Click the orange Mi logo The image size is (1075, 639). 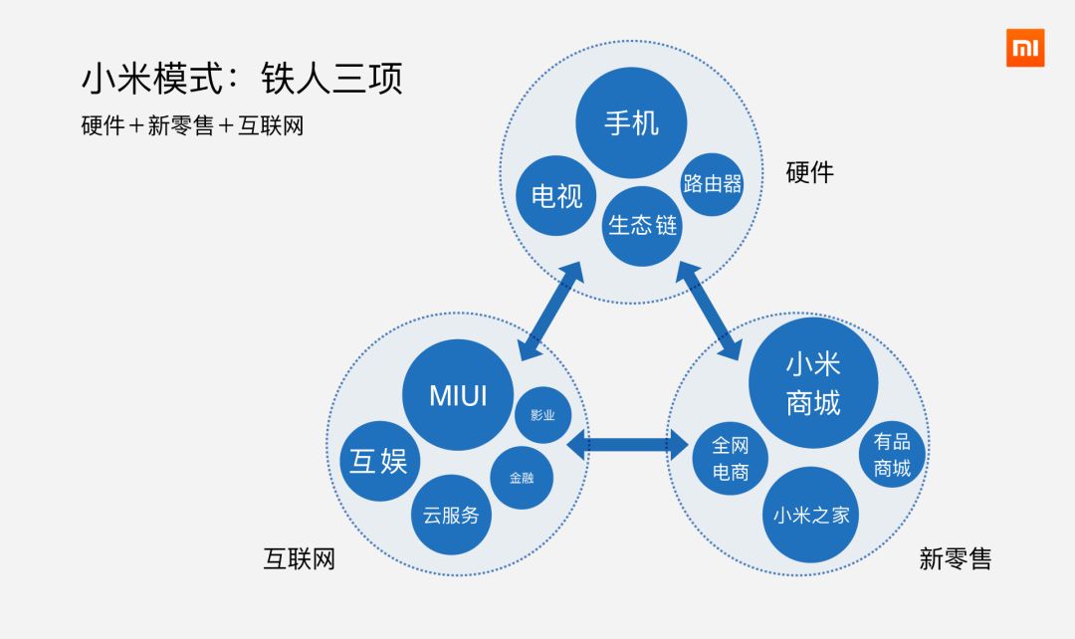(1024, 48)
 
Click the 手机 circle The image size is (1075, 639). (631, 123)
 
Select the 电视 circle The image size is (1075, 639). (556, 195)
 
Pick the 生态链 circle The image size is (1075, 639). (642, 226)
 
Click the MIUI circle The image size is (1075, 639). (458, 395)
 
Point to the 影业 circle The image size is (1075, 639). (542, 414)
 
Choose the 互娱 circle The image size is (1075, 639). (379, 462)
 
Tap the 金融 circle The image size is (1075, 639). (522, 478)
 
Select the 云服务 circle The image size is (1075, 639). (451, 515)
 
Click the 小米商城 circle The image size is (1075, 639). (813, 383)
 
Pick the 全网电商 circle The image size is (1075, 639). (731, 459)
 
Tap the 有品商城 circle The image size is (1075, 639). (892, 455)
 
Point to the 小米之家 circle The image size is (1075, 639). (811, 515)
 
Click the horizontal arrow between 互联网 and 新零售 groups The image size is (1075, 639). (629, 445)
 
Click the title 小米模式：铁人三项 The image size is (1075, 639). (242, 79)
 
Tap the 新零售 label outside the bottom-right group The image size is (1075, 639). (956, 558)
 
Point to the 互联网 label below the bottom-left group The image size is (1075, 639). (299, 558)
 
